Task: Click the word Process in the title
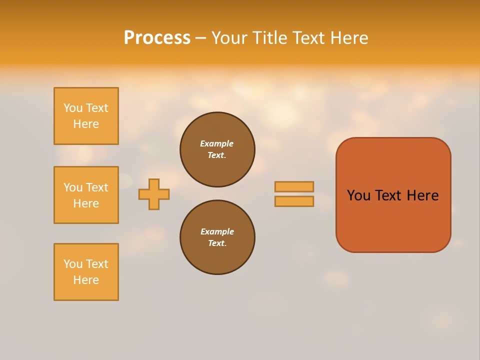pos(157,38)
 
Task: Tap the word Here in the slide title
pos(350,38)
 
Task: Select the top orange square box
pos(86,116)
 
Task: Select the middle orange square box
pos(86,195)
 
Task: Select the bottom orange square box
pos(86,272)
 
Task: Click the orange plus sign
pos(154,194)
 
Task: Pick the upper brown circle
pos(217,149)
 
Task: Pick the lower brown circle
pos(217,237)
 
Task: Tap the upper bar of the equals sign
pos(294,186)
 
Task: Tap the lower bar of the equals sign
pos(294,201)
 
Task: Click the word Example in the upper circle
pos(216,143)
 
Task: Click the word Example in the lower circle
pos(217,231)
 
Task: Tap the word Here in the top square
pos(86,124)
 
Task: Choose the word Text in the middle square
pos(96,187)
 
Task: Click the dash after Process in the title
pos(200,38)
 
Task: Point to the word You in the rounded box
pos(358,195)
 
